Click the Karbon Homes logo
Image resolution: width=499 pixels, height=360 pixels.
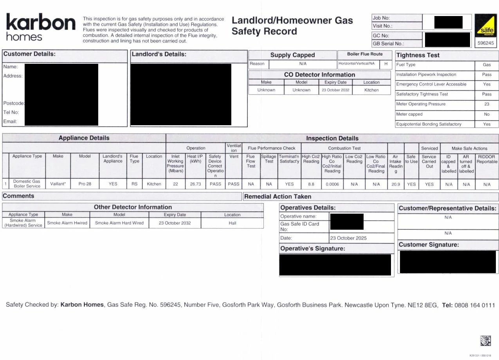pos(40,27)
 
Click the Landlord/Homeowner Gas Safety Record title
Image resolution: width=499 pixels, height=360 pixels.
pos(292,26)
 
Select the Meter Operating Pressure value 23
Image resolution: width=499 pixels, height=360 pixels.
pos(486,104)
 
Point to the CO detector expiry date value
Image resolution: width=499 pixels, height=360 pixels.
pos(335,90)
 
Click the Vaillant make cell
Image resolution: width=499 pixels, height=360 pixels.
pos(58,184)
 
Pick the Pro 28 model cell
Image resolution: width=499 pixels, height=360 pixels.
pos(85,184)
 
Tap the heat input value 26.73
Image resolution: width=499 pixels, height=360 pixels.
pos(195,184)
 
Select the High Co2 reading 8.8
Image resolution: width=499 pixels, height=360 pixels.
pos(311,184)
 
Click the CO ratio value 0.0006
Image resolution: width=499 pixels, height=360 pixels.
pos(332,184)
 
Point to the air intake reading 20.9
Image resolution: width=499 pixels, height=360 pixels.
pos(396,184)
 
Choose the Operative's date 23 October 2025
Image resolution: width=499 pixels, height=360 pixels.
pos(348,238)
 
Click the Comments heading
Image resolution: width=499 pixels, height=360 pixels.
pos(18,196)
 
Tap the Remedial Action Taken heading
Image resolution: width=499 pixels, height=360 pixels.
pos(277,196)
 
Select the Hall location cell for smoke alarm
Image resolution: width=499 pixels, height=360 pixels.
pos(232,223)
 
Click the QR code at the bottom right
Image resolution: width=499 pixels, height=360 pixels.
pos(485,341)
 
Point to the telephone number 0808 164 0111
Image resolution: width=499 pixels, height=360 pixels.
pos(474,305)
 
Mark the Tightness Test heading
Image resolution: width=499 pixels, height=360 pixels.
pos(418,55)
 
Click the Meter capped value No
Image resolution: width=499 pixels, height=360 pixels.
pos(486,114)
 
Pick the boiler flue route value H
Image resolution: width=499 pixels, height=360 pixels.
pos(386,63)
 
